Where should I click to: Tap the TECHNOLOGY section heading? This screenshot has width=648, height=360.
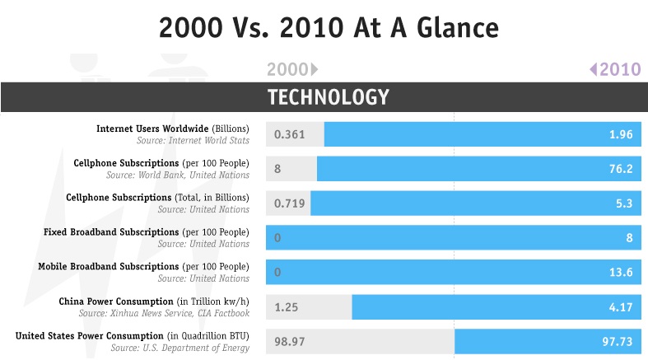pyautogui.click(x=328, y=97)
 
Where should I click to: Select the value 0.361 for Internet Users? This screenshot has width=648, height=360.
pyautogui.click(x=290, y=134)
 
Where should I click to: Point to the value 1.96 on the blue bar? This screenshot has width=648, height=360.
pyautogui.click(x=620, y=134)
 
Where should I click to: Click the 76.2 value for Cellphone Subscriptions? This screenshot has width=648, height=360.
pyautogui.click(x=618, y=169)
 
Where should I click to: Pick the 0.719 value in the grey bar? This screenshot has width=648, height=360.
pyautogui.click(x=290, y=203)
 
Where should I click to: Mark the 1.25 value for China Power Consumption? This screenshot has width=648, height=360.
pyautogui.click(x=287, y=306)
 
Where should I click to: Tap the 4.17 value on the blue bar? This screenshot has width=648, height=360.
pyautogui.click(x=620, y=306)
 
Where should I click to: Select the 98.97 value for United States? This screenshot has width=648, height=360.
pyautogui.click(x=290, y=341)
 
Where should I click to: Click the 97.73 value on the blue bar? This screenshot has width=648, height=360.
pyautogui.click(x=617, y=341)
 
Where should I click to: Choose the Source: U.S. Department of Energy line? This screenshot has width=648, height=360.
pyautogui.click(x=179, y=348)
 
